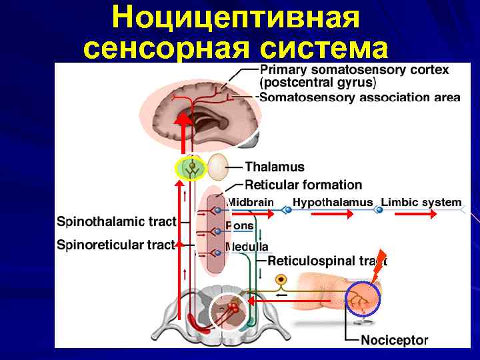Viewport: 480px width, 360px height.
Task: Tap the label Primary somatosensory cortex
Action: [353, 69]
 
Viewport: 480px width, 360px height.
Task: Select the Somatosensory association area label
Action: [359, 97]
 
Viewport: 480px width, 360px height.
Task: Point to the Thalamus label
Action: [275, 167]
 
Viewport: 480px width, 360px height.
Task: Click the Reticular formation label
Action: [303, 185]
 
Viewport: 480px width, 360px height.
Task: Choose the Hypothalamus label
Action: [333, 202]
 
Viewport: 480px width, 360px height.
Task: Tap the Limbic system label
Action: [421, 202]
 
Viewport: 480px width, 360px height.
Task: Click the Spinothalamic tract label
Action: [117, 221]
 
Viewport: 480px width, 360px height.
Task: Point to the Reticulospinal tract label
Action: [327, 261]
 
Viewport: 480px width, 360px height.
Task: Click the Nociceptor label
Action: [394, 340]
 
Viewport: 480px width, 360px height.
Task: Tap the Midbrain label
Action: [250, 202]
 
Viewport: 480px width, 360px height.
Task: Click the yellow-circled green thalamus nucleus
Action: [191, 169]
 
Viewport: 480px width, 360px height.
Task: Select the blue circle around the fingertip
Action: [361, 298]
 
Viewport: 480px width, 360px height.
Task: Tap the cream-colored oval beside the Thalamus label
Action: [218, 168]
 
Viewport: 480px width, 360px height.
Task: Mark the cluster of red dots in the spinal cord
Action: [233, 309]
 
